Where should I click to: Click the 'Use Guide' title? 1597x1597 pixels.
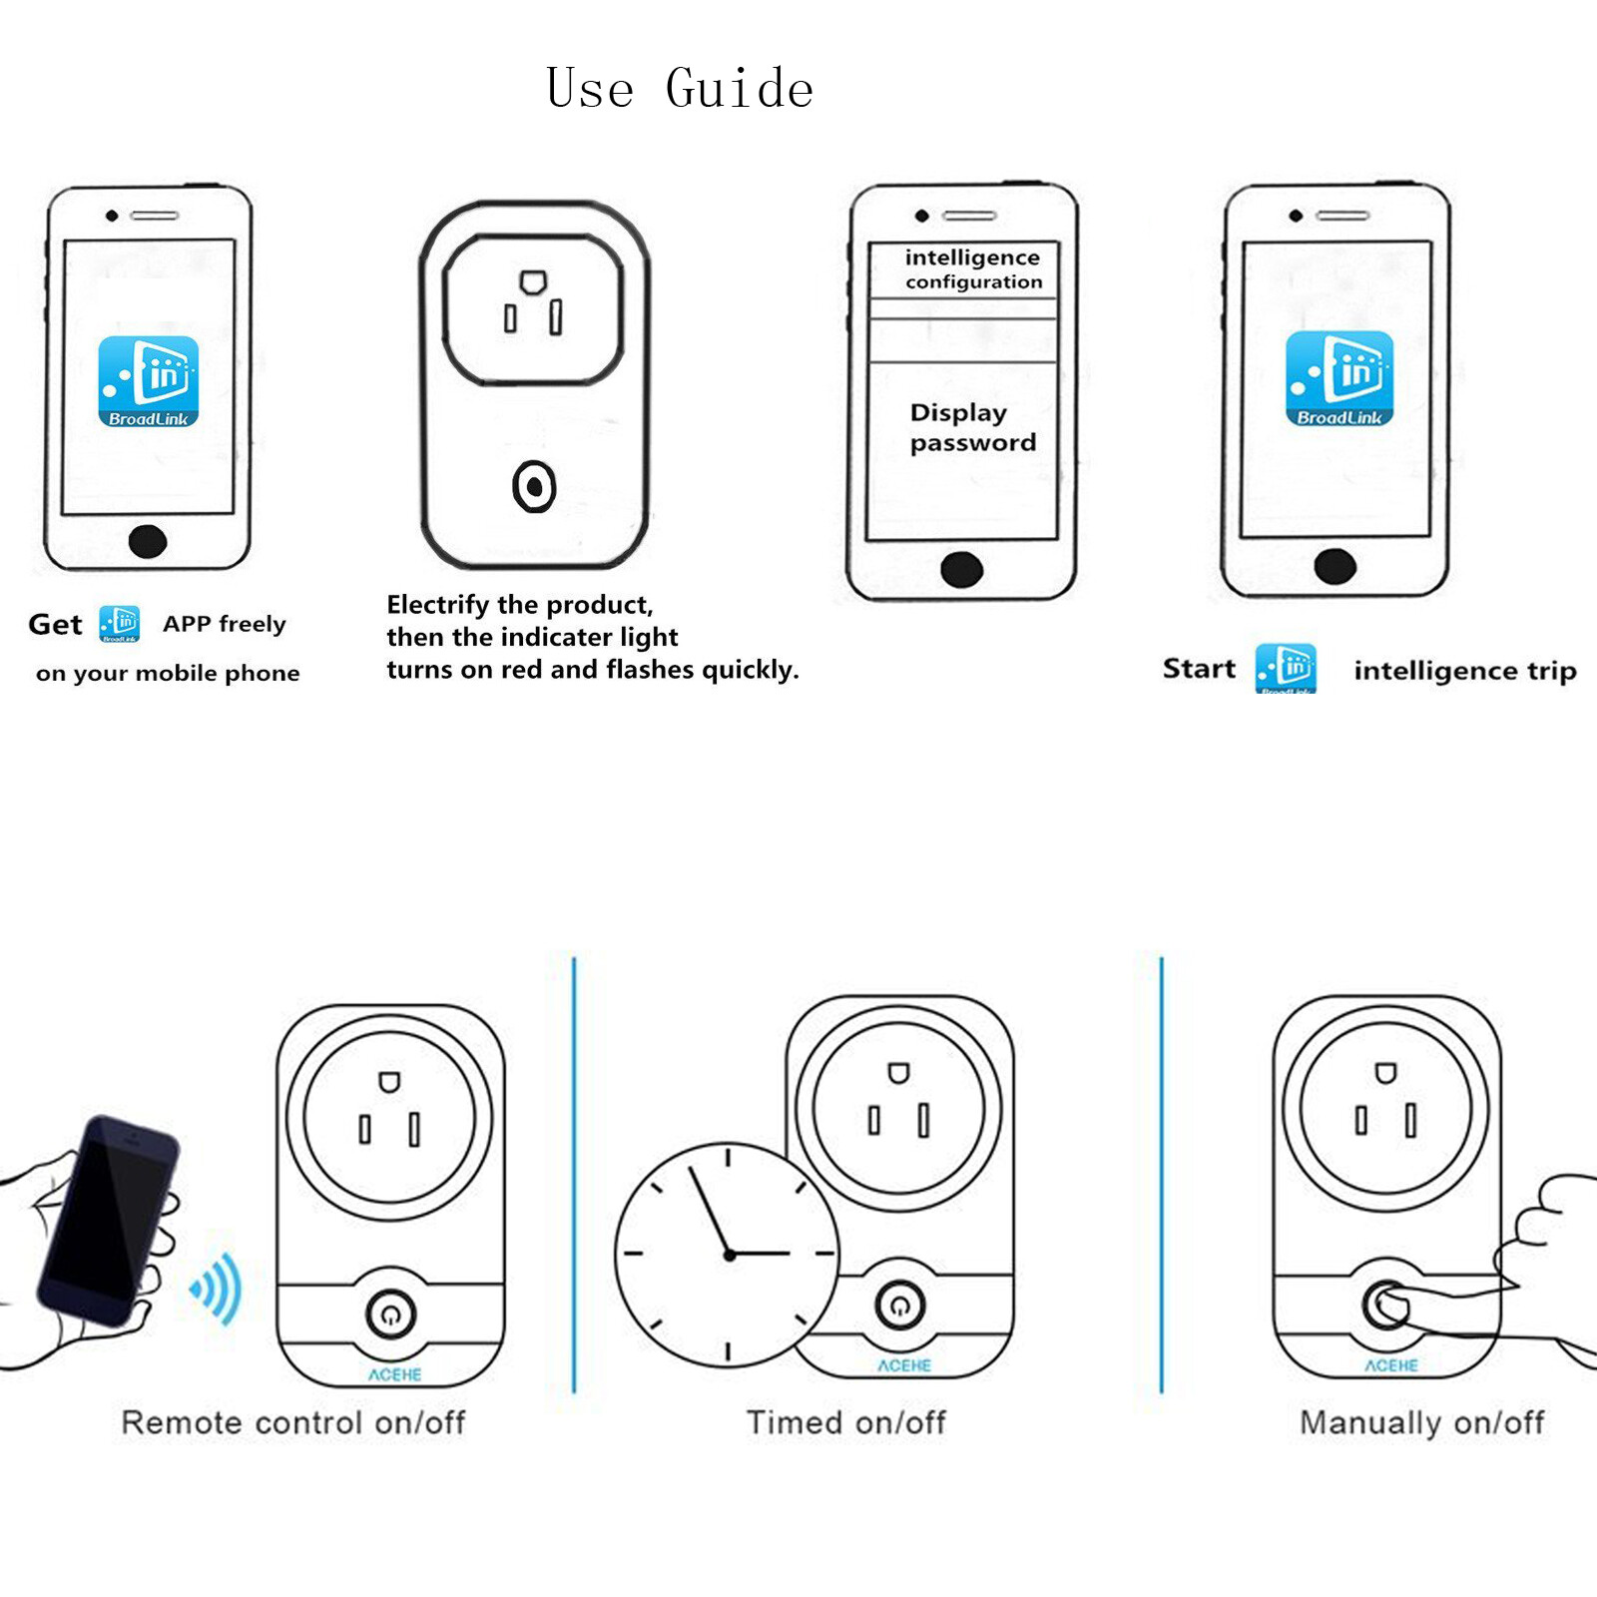pyautogui.click(x=680, y=88)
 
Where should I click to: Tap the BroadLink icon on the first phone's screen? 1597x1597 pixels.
pyautogui.click(x=149, y=381)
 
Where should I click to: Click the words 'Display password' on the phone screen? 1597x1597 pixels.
pyautogui.click(x=972, y=427)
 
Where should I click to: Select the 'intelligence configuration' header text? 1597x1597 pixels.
pyautogui.click(x=973, y=269)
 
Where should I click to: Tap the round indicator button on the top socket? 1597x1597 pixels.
pyautogui.click(x=534, y=487)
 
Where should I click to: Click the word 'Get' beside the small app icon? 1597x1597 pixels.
pyautogui.click(x=55, y=625)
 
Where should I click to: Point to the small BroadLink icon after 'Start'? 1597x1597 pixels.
pyautogui.click(x=1286, y=668)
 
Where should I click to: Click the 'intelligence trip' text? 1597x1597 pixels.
pyautogui.click(x=1464, y=671)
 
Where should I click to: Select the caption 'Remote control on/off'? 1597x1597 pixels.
pyautogui.click(x=293, y=1422)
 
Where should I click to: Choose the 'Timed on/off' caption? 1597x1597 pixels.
pyautogui.click(x=846, y=1422)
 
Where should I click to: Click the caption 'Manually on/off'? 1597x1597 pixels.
pyautogui.click(x=1421, y=1422)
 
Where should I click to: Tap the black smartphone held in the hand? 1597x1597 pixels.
pyautogui.click(x=108, y=1220)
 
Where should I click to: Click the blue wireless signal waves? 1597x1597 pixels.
pyautogui.click(x=219, y=1289)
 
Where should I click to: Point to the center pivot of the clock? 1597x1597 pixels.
pyautogui.click(x=730, y=1255)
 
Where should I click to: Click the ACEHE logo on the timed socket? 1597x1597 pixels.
pyautogui.click(x=904, y=1365)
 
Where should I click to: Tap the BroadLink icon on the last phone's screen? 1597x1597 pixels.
pyautogui.click(x=1339, y=379)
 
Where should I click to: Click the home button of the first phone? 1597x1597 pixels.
pyautogui.click(x=148, y=541)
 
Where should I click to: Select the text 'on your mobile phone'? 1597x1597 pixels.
pyautogui.click(x=168, y=674)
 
